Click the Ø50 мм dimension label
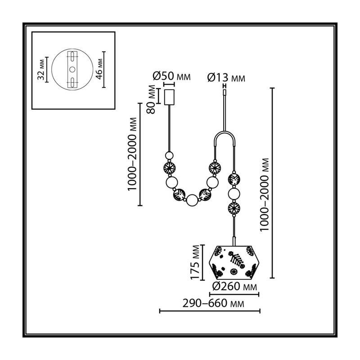171,76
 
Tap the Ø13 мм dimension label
226,77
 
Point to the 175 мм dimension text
195,262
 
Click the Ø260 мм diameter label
234,286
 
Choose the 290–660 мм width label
213,303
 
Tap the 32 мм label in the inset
41,70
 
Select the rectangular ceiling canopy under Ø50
169,97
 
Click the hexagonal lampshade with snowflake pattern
234,262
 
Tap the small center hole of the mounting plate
72,69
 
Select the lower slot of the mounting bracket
72,82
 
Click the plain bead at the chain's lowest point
192,200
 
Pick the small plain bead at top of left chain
170,155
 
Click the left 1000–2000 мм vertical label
132,154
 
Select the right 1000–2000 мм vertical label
264,195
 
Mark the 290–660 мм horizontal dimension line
210,311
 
